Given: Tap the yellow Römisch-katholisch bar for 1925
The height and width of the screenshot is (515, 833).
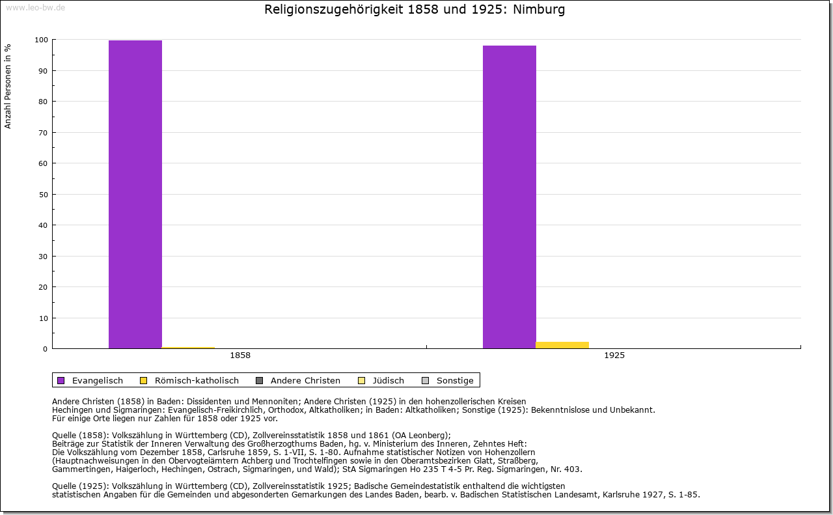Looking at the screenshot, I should tap(562, 345).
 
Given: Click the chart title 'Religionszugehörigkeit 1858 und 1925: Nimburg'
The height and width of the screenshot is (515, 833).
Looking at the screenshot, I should tap(415, 10).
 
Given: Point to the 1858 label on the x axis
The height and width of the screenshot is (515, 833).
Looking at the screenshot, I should tap(240, 355).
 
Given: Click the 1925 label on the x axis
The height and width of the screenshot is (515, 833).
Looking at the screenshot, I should tap(614, 355).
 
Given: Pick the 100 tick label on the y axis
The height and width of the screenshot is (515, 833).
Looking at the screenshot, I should tap(41, 40).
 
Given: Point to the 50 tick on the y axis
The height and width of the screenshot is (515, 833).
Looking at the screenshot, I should tap(43, 195).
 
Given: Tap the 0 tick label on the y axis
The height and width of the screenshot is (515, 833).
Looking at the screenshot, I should tap(45, 349).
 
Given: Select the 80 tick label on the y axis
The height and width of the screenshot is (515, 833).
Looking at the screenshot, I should tap(43, 102).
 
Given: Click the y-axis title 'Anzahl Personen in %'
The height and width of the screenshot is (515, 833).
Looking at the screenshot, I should tap(8, 86).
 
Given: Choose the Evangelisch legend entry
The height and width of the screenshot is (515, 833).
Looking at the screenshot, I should tap(97, 380).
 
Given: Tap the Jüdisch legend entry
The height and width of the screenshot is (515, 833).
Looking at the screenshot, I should tap(389, 380).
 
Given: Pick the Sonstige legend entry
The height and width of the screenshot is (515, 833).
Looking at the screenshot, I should tap(455, 380).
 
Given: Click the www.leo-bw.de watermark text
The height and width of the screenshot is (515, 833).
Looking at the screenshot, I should tap(34, 7).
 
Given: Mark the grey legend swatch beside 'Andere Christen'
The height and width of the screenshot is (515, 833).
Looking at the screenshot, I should tap(259, 380).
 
